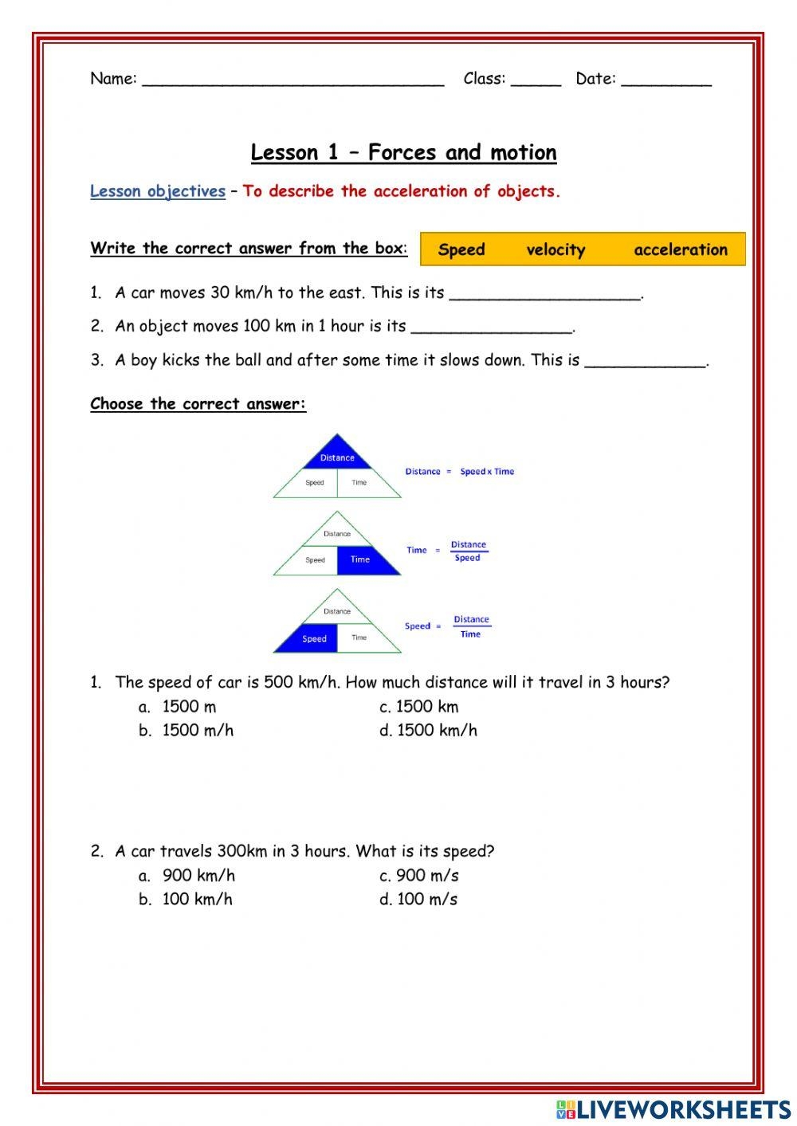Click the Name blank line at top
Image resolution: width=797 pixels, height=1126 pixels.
pos(292,80)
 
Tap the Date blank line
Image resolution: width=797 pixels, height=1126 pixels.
pos(665,80)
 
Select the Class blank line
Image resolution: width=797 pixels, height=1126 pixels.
pos(536,80)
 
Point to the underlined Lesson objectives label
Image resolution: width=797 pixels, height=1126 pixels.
pos(158,191)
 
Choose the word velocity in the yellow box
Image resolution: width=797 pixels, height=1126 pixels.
pos(556,249)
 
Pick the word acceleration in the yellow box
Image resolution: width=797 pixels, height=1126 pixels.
pos(681,249)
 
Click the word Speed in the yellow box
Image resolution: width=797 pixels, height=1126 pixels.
pos(461,249)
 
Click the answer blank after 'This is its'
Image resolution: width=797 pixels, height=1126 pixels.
pos(545,295)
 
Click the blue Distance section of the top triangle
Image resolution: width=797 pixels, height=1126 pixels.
pos(338,455)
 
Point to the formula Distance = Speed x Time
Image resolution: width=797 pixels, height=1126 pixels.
pos(460,472)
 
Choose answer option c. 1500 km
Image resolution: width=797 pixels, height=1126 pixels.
pos(419,707)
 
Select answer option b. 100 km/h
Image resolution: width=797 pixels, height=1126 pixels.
pos(186,900)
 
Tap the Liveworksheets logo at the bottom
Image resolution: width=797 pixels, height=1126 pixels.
pos(673,1108)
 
